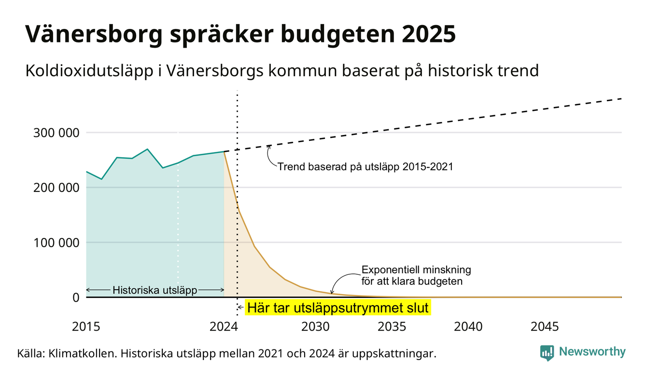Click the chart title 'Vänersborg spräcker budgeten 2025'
point(240,34)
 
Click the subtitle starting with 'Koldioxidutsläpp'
point(282,70)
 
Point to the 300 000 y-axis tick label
point(56,133)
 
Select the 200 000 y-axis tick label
point(56,188)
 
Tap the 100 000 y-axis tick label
point(56,243)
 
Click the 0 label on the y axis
point(76,297)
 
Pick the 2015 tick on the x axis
point(86,327)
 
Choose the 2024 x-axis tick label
point(224,327)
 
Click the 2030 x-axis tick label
point(316,327)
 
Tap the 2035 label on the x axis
point(392,327)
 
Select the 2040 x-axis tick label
point(468,327)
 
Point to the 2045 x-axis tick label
point(545,327)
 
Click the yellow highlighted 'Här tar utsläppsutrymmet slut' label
point(338,308)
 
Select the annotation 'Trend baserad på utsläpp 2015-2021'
point(366,167)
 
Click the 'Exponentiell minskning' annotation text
point(416,270)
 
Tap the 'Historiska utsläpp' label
point(155,290)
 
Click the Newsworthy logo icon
point(547,353)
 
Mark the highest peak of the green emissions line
point(147,149)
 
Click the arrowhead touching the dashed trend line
point(269,147)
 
